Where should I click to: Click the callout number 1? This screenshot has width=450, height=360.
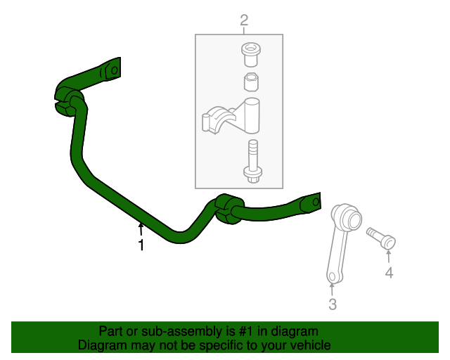tap(141, 245)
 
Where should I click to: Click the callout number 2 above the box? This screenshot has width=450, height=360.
tap(244, 21)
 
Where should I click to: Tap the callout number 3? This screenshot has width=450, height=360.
tap(333, 304)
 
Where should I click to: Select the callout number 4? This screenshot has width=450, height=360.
tap(389, 273)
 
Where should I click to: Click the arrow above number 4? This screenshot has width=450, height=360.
tap(389, 256)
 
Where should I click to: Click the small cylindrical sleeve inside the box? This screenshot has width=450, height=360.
tap(250, 82)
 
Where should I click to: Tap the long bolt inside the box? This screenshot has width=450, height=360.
tap(251, 161)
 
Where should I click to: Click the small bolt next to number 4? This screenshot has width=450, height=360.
tap(382, 237)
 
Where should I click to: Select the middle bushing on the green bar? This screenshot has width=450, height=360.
tap(227, 209)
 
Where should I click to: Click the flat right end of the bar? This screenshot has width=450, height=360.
tap(311, 202)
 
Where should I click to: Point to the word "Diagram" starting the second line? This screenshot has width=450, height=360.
tap(103, 345)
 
